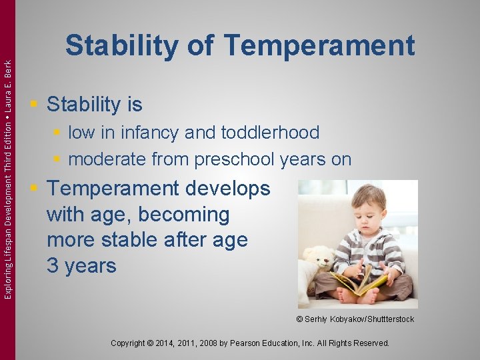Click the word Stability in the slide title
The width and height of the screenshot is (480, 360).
(122, 46)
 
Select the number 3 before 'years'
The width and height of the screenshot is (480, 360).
(53, 266)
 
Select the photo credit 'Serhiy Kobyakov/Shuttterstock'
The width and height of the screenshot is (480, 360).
(359, 319)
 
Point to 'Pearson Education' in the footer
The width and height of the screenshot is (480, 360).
(275, 343)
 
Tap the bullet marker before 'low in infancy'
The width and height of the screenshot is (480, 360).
(58, 133)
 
